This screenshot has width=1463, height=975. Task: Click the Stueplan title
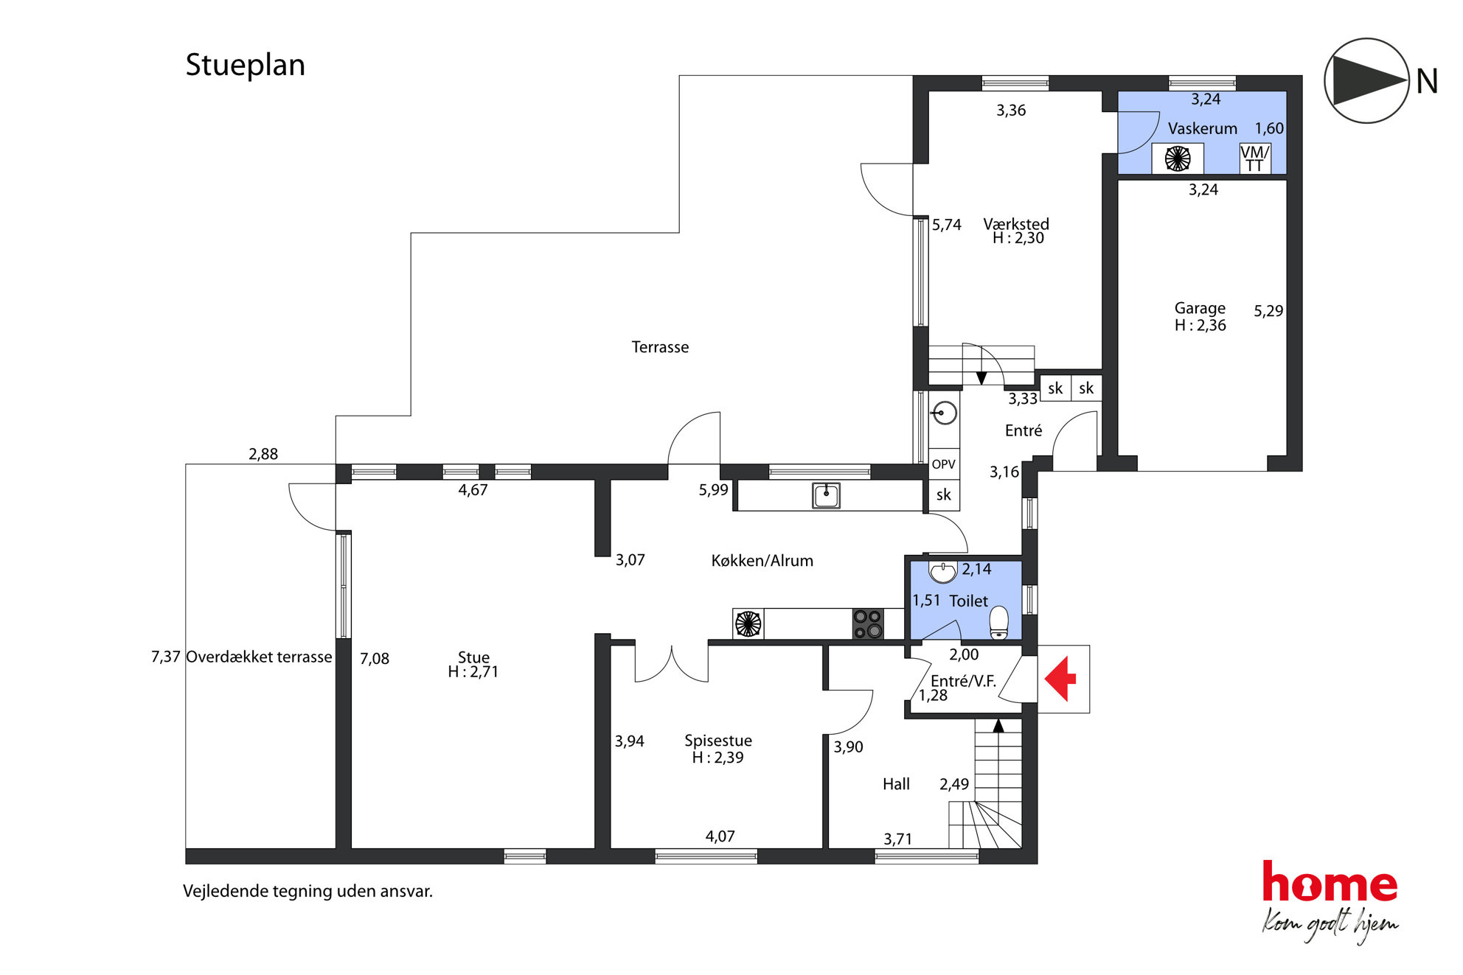(x=245, y=65)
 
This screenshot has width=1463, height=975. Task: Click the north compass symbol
(x=1367, y=80)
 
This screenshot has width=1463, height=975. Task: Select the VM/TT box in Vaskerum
(x=1255, y=158)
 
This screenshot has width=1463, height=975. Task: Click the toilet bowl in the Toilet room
(x=999, y=622)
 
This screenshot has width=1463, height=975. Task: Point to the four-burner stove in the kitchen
(x=867, y=623)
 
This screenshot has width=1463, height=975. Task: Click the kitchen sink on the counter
(x=827, y=495)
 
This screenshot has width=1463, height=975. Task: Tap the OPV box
(x=944, y=464)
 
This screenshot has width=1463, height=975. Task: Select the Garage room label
(x=1200, y=308)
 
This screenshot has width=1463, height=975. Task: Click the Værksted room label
(x=1016, y=224)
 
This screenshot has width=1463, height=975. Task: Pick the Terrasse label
(x=660, y=347)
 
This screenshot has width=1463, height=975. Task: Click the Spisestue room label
(x=718, y=741)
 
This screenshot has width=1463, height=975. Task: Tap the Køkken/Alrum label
(x=762, y=561)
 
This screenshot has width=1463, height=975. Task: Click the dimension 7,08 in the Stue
(x=375, y=659)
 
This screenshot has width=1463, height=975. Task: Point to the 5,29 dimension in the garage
(x=1268, y=311)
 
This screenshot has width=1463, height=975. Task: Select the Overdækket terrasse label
(x=259, y=657)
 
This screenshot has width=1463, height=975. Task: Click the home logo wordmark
(x=1330, y=882)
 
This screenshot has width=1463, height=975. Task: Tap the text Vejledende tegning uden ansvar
(x=307, y=892)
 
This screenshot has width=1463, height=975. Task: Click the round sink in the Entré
(x=944, y=413)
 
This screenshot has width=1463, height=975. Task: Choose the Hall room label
(x=896, y=784)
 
